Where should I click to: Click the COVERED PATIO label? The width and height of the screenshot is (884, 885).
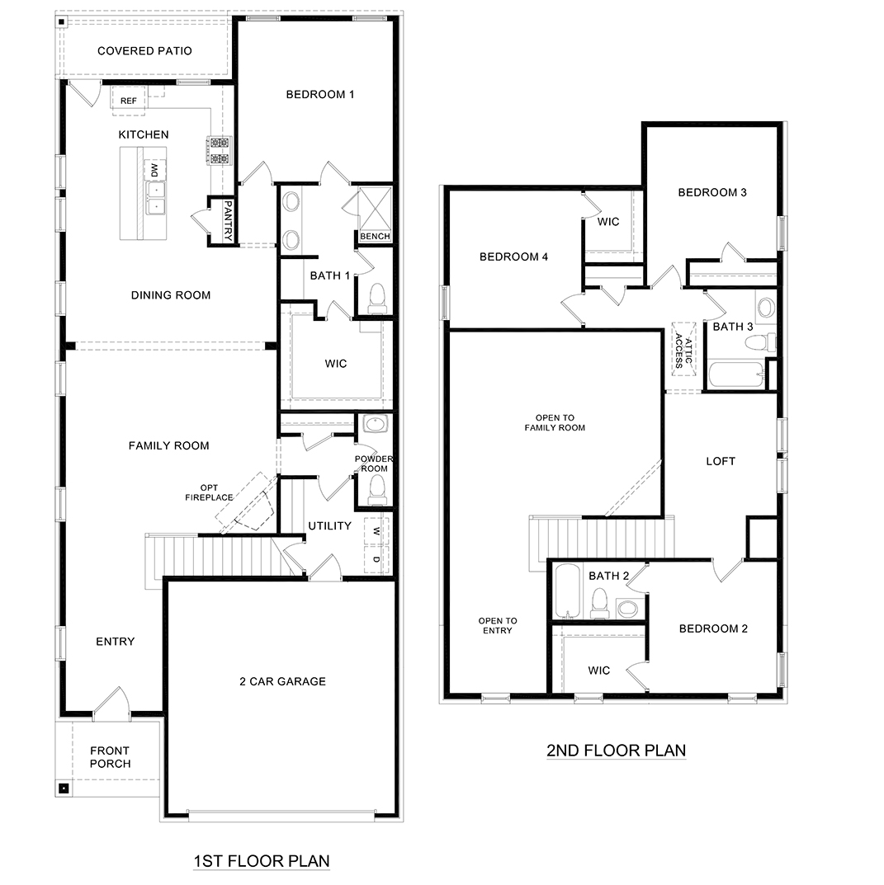click(144, 51)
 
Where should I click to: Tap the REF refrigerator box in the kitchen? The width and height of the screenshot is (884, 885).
click(129, 100)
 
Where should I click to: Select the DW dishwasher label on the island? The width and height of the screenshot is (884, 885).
click(154, 170)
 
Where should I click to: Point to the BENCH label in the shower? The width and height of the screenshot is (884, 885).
click(375, 237)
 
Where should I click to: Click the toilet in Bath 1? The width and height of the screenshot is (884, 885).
click(376, 299)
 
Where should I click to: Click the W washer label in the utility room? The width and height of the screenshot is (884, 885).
click(376, 530)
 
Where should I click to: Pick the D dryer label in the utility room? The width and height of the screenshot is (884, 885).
click(376, 560)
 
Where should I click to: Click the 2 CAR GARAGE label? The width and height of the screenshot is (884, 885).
click(282, 681)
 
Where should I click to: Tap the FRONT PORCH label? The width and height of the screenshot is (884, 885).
click(110, 757)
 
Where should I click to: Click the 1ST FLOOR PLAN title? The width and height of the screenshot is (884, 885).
click(262, 861)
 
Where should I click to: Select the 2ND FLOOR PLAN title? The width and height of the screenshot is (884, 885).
click(616, 751)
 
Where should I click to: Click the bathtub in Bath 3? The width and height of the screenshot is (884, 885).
click(736, 374)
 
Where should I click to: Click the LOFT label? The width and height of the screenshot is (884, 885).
click(720, 461)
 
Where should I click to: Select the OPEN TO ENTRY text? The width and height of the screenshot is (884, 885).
click(498, 625)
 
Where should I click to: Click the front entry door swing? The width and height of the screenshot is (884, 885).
click(111, 702)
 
